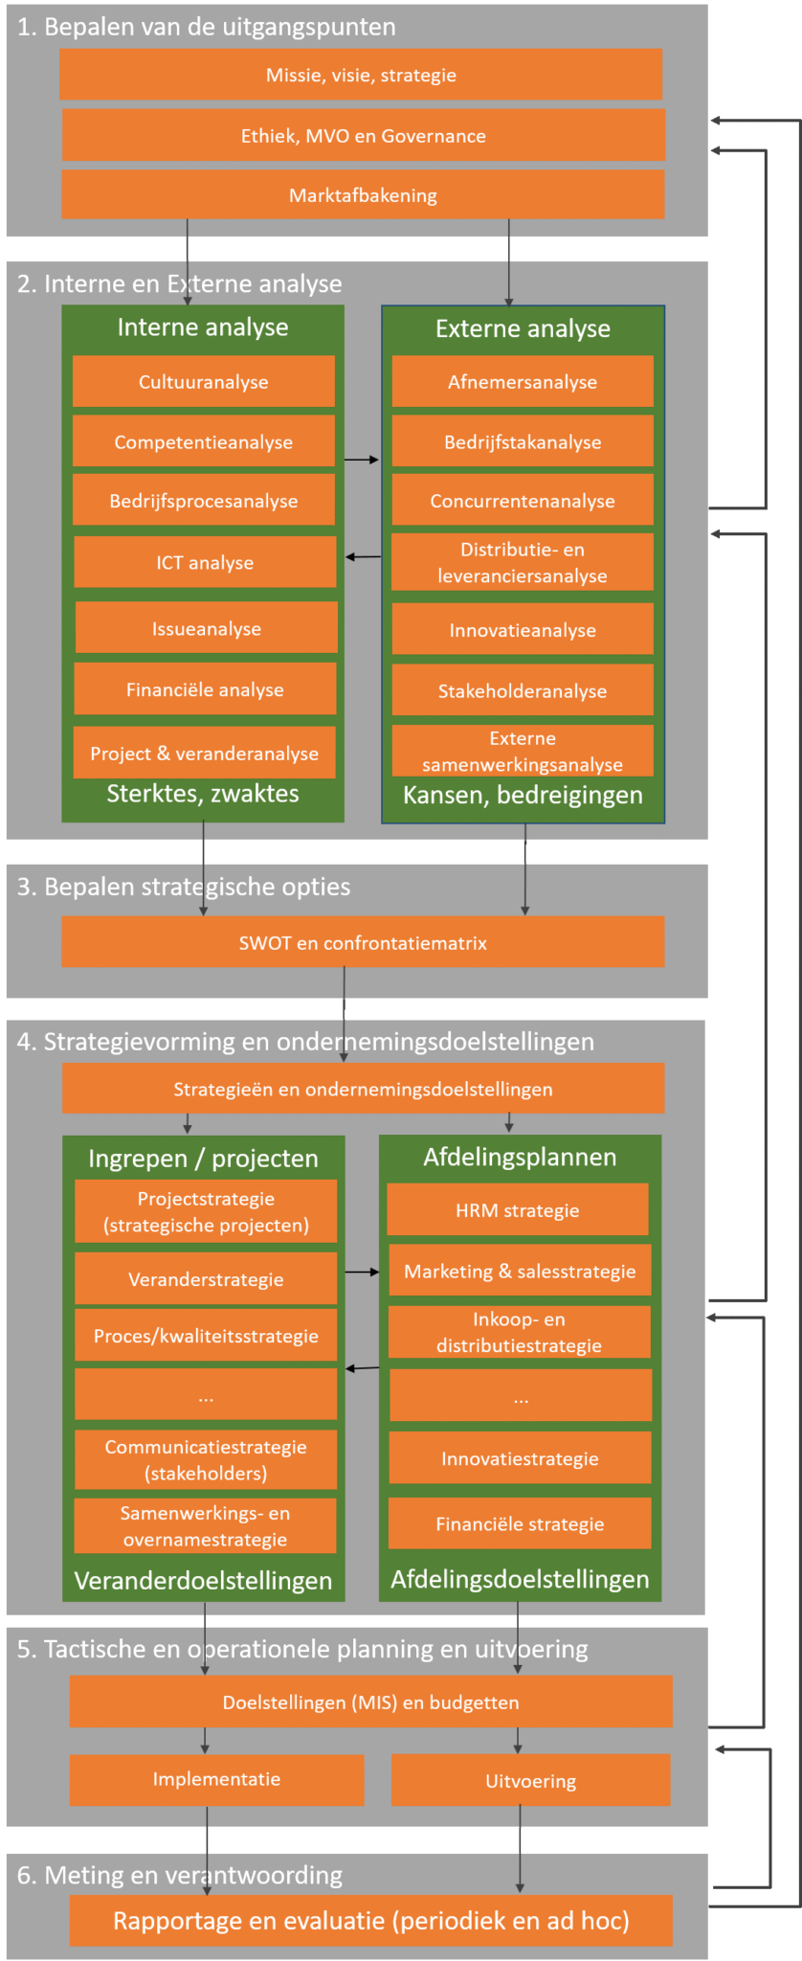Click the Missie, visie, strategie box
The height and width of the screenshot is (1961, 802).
[x=361, y=75]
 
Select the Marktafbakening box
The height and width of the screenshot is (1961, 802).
[x=363, y=195]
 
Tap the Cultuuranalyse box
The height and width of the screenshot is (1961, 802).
[x=203, y=382]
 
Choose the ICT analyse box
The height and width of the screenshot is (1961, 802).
[x=205, y=562]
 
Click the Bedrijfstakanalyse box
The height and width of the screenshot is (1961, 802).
[x=523, y=441]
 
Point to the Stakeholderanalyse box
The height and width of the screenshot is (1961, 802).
[x=523, y=690]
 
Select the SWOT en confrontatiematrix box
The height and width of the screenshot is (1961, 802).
[x=363, y=942]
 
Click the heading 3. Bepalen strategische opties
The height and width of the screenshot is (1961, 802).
[x=184, y=887]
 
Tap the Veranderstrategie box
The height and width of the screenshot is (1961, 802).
[x=206, y=1278]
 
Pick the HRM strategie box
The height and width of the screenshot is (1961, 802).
[x=517, y=1209]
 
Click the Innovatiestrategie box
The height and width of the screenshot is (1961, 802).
[x=520, y=1458]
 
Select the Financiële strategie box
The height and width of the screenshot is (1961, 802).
[x=520, y=1523]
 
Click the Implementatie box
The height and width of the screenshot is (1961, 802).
[x=216, y=1779]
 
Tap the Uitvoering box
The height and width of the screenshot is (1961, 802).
[x=530, y=1781]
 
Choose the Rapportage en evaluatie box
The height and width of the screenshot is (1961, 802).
[x=370, y=1921]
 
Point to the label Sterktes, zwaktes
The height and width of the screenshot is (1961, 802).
[x=203, y=794]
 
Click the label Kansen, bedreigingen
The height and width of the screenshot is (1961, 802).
[x=523, y=795]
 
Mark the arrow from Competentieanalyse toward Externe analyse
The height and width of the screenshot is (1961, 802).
[x=362, y=460]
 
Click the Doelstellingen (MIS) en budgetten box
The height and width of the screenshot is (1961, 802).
[x=370, y=1702]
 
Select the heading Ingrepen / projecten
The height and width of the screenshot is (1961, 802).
[x=203, y=1159]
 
